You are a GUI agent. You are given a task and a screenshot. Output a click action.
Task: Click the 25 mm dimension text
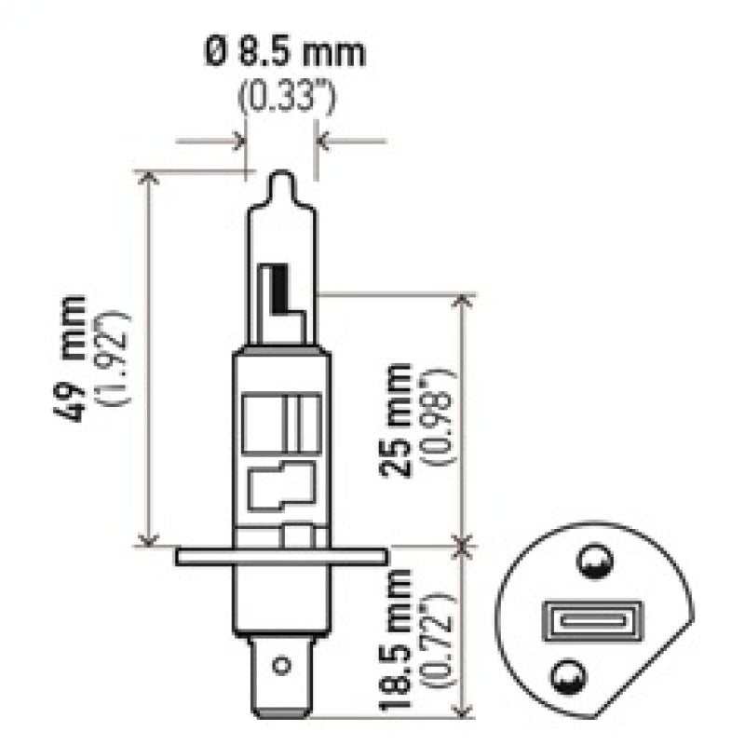tap(399, 419)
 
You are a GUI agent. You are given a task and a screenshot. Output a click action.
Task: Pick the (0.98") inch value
tap(439, 419)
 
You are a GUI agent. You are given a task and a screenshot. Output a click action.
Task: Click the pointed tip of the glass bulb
tap(281, 177)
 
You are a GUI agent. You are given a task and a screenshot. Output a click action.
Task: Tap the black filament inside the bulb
tap(274, 289)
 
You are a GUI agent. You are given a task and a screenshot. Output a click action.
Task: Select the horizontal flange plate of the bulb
tap(280, 556)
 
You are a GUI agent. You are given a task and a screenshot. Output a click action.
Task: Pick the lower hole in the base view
tap(589, 674)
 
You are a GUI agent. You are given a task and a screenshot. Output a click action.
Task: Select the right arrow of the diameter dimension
tap(322, 142)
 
